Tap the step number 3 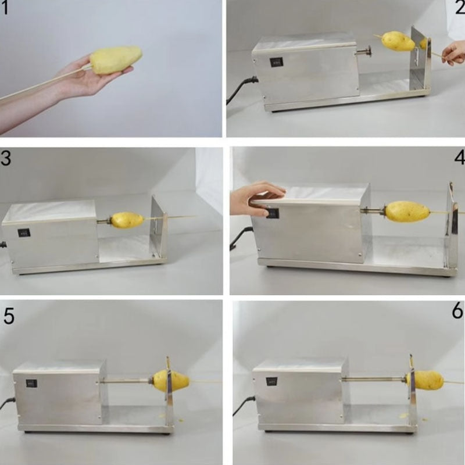coord(6,159)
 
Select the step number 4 coord(458,159)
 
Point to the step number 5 coord(9,316)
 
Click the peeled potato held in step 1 coord(116,60)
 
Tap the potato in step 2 coord(398,41)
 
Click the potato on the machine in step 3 coord(127,220)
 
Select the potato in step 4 coord(407,212)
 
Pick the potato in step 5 coord(171,381)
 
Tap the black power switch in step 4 coord(272,214)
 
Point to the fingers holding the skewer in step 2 coord(452,54)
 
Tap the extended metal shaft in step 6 coord(375,379)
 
